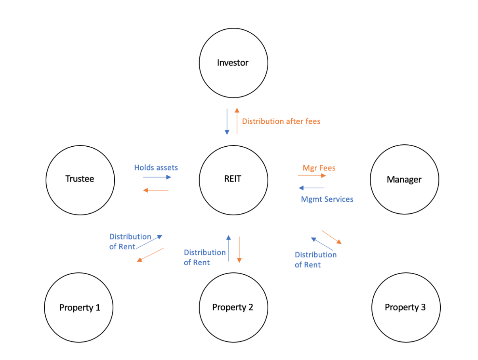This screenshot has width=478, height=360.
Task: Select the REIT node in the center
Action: tap(233, 179)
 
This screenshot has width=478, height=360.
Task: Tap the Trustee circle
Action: tap(80, 179)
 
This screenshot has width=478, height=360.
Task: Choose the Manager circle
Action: tap(404, 180)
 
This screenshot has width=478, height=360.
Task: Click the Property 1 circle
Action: tap(79, 307)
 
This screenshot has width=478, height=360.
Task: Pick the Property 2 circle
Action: tap(233, 307)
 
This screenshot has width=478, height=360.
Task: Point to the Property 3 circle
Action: tap(405, 307)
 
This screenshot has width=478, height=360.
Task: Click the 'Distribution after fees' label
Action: tap(281, 121)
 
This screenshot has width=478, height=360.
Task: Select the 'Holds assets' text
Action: tap(156, 168)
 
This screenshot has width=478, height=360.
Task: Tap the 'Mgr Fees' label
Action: tap(319, 168)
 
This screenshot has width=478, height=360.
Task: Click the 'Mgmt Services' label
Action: tap(327, 199)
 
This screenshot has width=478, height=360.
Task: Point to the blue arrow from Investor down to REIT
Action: tap(227, 121)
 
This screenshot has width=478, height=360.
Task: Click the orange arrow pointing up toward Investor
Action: tap(237, 121)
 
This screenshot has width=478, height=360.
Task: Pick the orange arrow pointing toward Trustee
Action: tap(156, 191)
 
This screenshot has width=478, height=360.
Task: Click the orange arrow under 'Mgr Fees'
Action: tap(312, 175)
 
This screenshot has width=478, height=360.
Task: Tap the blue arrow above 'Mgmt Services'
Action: tap(312, 188)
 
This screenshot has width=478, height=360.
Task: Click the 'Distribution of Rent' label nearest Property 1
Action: tap(130, 241)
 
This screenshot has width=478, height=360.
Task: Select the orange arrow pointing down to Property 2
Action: tap(239, 249)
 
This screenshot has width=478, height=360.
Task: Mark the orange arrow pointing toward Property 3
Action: tap(331, 237)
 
